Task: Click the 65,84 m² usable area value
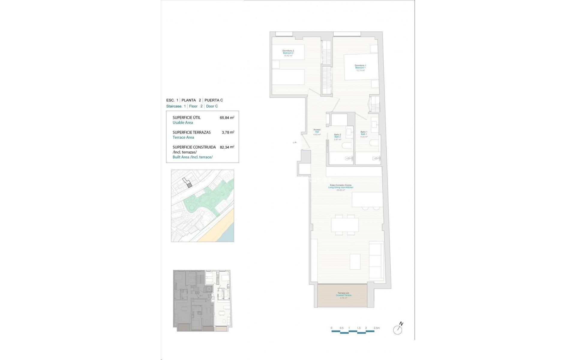click(227, 118)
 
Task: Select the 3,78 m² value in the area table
click(228, 132)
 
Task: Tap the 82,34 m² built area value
click(227, 147)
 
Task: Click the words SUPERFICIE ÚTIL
click(187, 118)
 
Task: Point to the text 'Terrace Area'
click(183, 137)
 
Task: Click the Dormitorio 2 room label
click(288, 51)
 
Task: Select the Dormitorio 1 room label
click(360, 65)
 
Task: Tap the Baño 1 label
click(364, 132)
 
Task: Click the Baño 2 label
click(337, 134)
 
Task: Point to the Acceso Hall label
click(317, 130)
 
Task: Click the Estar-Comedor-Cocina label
click(340, 185)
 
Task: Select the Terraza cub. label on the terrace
click(343, 293)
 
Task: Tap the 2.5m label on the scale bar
click(376, 328)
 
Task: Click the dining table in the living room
click(345, 225)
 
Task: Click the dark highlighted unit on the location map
click(189, 185)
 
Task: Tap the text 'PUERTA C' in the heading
click(214, 100)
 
